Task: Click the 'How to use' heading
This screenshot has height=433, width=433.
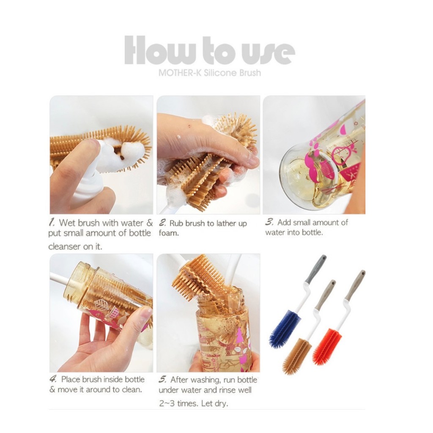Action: (x=210, y=50)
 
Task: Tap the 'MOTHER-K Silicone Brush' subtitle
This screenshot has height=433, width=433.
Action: (x=210, y=73)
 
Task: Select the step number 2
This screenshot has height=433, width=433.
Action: (x=162, y=222)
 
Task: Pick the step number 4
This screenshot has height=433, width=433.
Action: (x=53, y=378)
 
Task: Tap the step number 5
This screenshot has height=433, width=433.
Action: (x=162, y=379)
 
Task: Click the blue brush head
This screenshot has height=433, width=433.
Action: (x=285, y=329)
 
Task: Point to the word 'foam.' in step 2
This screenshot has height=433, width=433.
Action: (x=169, y=233)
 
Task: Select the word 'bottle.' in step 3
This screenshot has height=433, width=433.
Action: (x=312, y=232)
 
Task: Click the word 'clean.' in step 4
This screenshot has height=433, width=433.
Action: (x=132, y=389)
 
